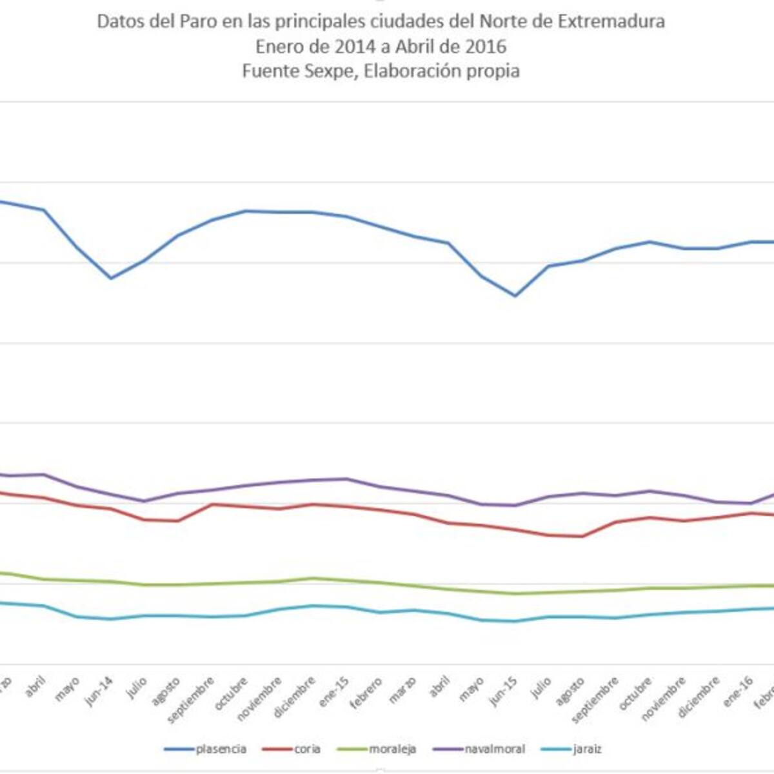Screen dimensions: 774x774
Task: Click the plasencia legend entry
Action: coord(206,749)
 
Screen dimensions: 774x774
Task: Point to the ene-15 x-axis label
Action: coord(336,690)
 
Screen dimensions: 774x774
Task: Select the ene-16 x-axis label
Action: coord(739,690)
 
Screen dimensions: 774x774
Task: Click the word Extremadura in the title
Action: coord(611,21)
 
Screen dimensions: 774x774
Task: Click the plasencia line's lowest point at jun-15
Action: coord(515,296)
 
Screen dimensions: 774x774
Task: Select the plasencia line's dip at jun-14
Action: coord(110,278)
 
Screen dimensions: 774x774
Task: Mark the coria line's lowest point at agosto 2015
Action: coord(582,536)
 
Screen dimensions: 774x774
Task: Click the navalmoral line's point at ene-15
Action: coord(347,479)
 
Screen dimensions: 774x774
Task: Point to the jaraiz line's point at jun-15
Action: coord(515,621)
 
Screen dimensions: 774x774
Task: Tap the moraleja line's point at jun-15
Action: coord(515,593)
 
